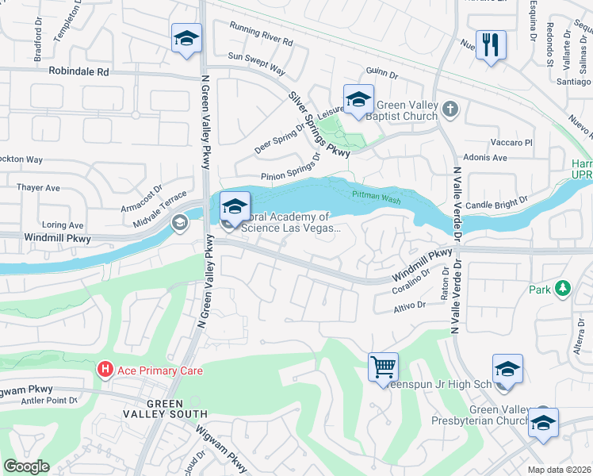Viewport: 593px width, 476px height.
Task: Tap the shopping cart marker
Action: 383,367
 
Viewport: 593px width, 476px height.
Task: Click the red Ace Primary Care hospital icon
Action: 104,370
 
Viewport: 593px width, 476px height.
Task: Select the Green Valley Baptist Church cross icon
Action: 450,109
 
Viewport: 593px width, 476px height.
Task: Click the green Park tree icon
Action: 563,289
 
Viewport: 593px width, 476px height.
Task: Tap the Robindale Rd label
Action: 78,71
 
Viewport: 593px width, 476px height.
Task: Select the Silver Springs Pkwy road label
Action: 319,123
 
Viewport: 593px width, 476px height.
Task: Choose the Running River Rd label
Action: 262,38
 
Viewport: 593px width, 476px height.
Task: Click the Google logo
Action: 26,466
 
